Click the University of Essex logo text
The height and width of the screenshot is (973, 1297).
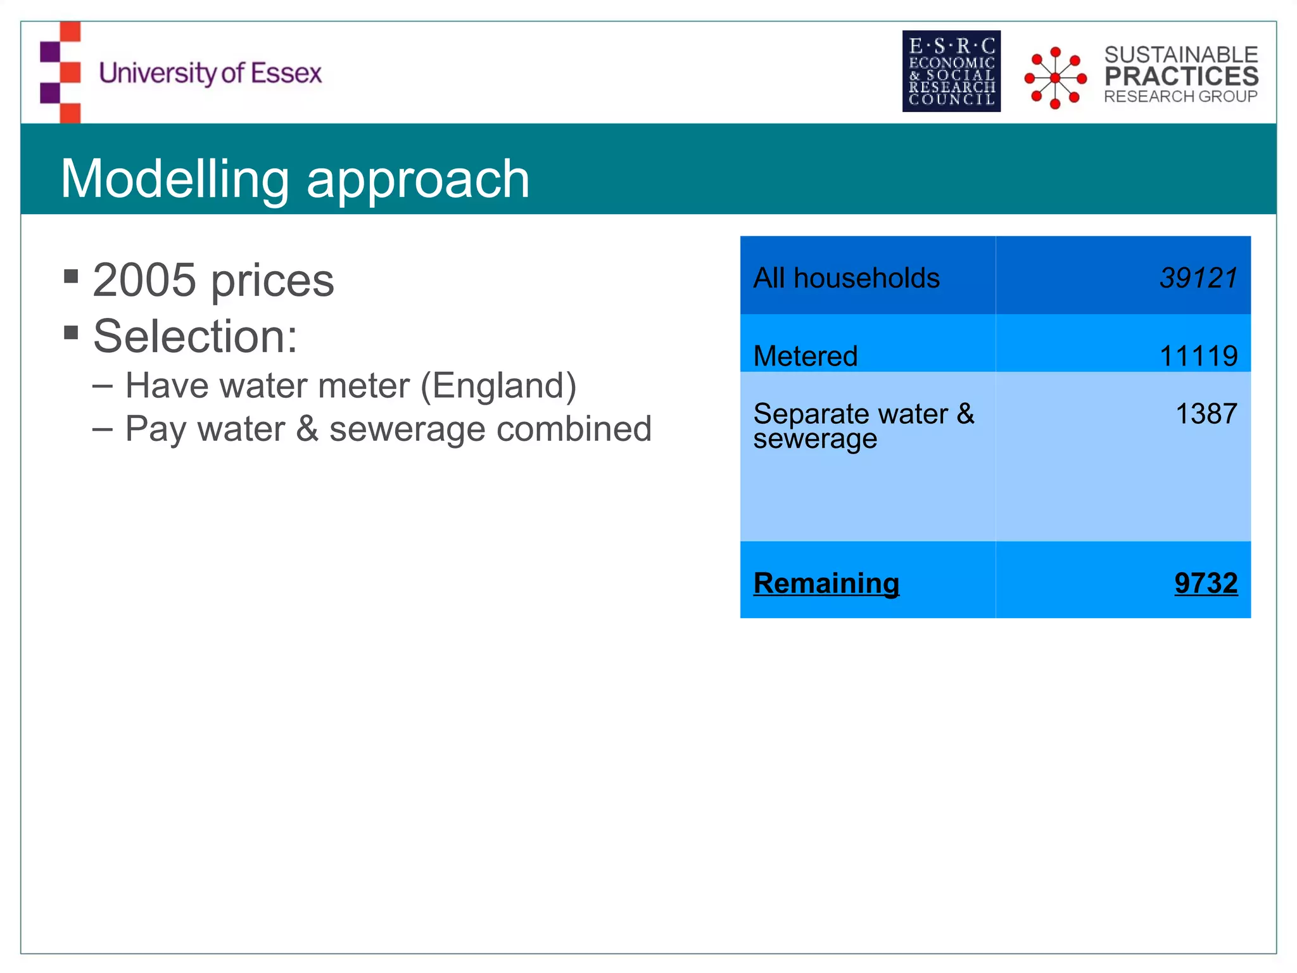click(210, 73)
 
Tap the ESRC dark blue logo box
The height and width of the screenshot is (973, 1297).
click(951, 71)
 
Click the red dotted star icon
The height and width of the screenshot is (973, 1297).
click(1055, 78)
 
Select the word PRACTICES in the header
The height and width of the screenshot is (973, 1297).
click(1181, 76)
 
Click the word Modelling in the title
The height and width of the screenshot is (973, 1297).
click(175, 179)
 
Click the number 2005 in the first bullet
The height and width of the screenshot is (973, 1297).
click(144, 280)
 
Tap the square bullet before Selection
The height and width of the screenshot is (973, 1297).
click(71, 333)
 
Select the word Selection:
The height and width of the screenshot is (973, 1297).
click(195, 336)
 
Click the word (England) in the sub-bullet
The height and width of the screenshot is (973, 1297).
click(498, 386)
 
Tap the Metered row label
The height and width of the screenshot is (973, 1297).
click(806, 356)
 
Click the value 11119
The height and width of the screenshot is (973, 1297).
click(1198, 356)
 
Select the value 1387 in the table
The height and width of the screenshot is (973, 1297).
click(1206, 414)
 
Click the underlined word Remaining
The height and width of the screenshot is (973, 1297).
click(826, 583)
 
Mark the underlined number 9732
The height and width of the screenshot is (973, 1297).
click(1205, 583)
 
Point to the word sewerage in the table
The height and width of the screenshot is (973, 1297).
click(815, 439)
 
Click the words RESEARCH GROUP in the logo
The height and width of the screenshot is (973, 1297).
click(1180, 96)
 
